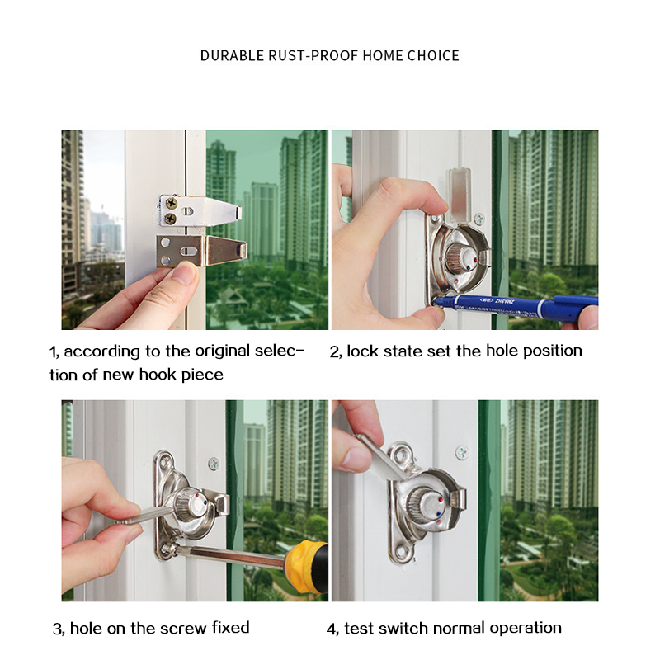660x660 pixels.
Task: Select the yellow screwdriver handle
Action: (306, 567)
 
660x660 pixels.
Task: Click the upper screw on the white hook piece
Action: (172, 203)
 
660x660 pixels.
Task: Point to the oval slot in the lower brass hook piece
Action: (189, 252)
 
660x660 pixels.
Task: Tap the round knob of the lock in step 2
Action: (462, 257)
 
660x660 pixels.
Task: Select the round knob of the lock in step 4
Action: (425, 504)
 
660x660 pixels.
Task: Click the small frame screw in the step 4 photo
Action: (462, 453)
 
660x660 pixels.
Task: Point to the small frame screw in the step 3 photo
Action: (214, 464)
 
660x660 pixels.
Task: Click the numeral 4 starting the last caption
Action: (332, 629)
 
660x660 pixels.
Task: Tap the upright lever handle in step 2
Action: (460, 195)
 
